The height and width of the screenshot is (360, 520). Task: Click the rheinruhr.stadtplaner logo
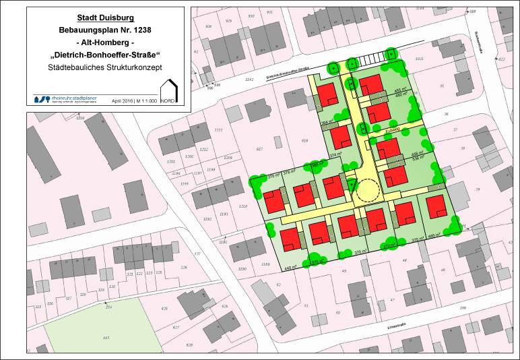click(x=67, y=98)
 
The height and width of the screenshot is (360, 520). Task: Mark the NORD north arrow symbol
click(x=168, y=92)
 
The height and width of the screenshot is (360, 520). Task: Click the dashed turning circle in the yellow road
click(x=368, y=191)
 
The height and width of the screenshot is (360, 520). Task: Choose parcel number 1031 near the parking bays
click(x=420, y=59)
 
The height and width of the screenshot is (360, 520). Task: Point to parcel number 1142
click(x=250, y=80)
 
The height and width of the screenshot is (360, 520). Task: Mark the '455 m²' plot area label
click(x=401, y=90)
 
